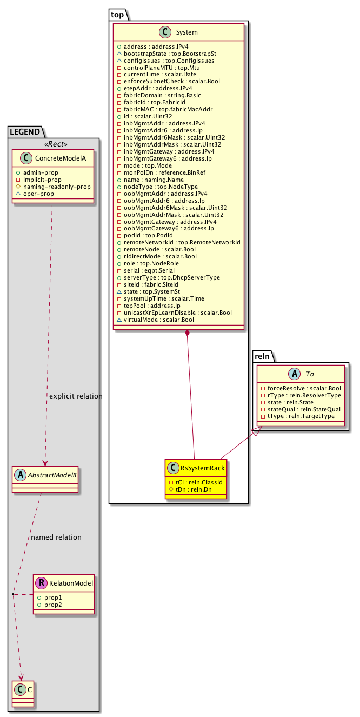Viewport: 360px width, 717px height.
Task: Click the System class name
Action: (186, 32)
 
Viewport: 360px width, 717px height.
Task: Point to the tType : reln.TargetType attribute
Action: (299, 416)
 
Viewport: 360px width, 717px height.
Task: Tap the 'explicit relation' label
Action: (76, 396)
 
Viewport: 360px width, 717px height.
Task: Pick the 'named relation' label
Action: (56, 537)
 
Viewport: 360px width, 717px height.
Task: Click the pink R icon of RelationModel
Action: (41, 582)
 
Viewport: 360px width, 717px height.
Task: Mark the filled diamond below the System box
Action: (186, 333)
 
